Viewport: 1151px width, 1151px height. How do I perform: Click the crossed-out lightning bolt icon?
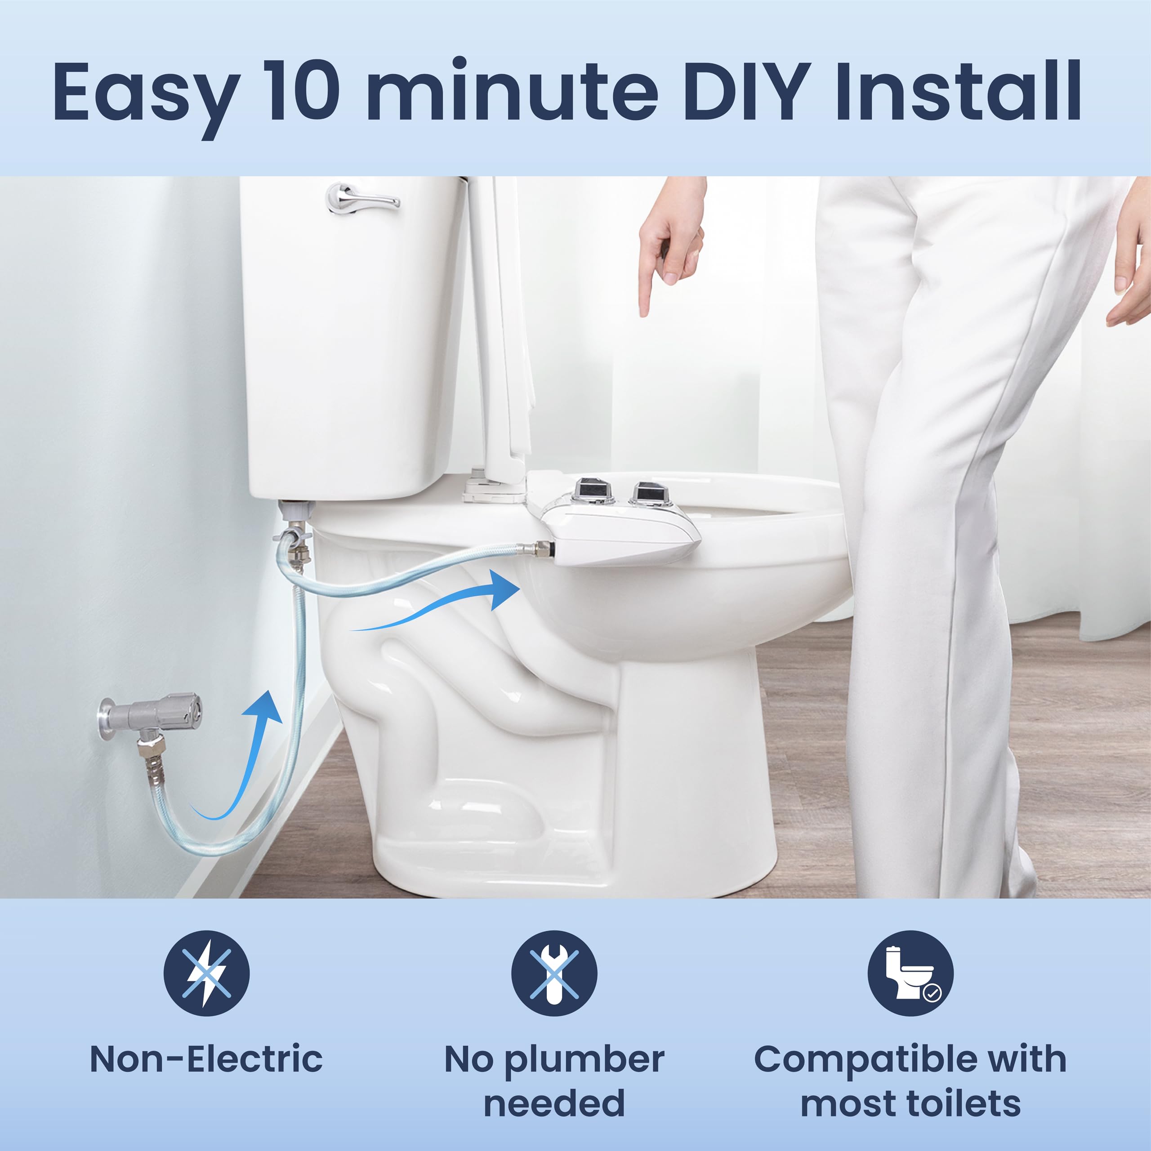(x=206, y=973)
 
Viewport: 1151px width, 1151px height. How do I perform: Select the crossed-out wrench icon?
(x=554, y=973)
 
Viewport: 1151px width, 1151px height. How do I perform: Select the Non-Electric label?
(x=206, y=1059)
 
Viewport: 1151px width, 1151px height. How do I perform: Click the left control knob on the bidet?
(x=590, y=491)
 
